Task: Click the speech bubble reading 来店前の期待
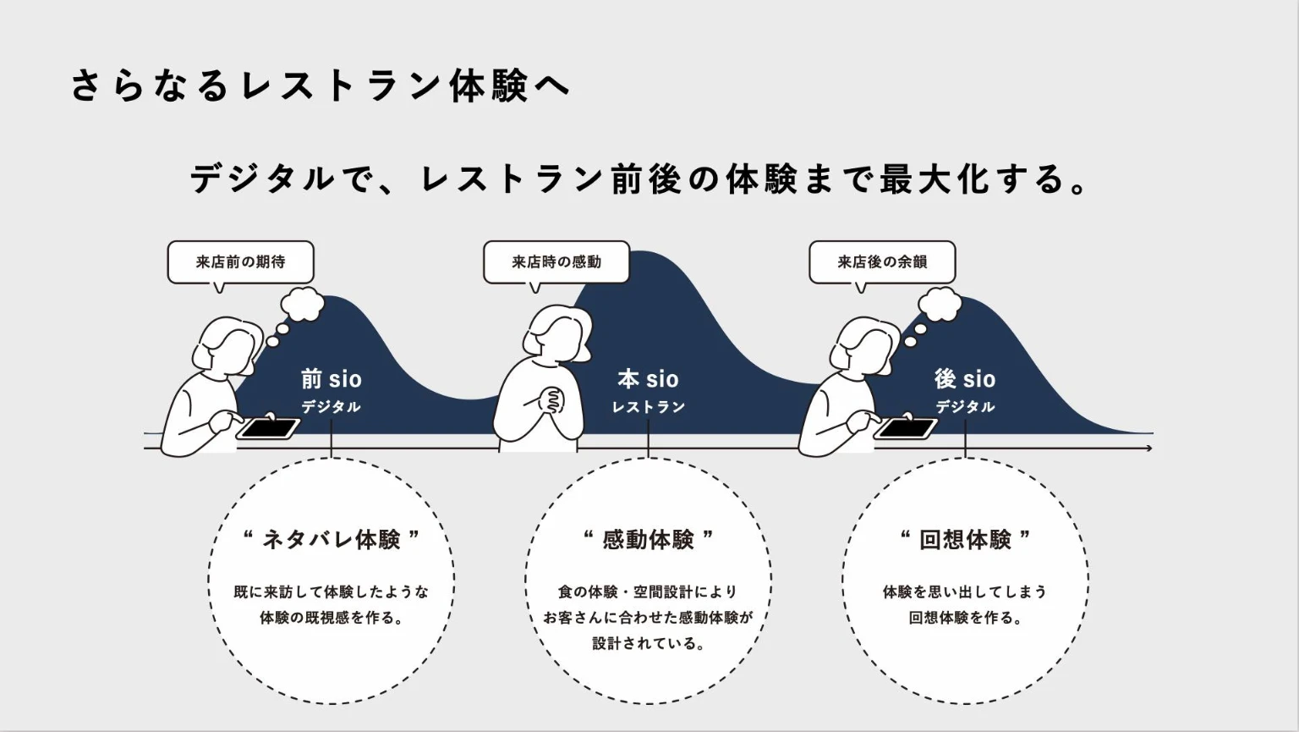click(241, 262)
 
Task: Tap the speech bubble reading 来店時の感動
click(556, 262)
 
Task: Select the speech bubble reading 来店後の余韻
click(882, 262)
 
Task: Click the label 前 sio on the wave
click(331, 379)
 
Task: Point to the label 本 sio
click(648, 379)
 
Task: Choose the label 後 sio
click(965, 379)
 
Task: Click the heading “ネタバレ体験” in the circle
click(331, 539)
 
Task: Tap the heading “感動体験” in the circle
click(648, 539)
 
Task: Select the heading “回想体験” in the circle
click(965, 539)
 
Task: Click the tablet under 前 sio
click(268, 428)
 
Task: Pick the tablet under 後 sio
click(905, 428)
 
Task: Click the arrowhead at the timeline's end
click(1148, 448)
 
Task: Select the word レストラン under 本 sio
click(648, 407)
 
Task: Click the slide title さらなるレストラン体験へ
click(321, 85)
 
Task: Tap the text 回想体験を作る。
click(965, 618)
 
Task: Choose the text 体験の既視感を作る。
click(331, 618)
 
